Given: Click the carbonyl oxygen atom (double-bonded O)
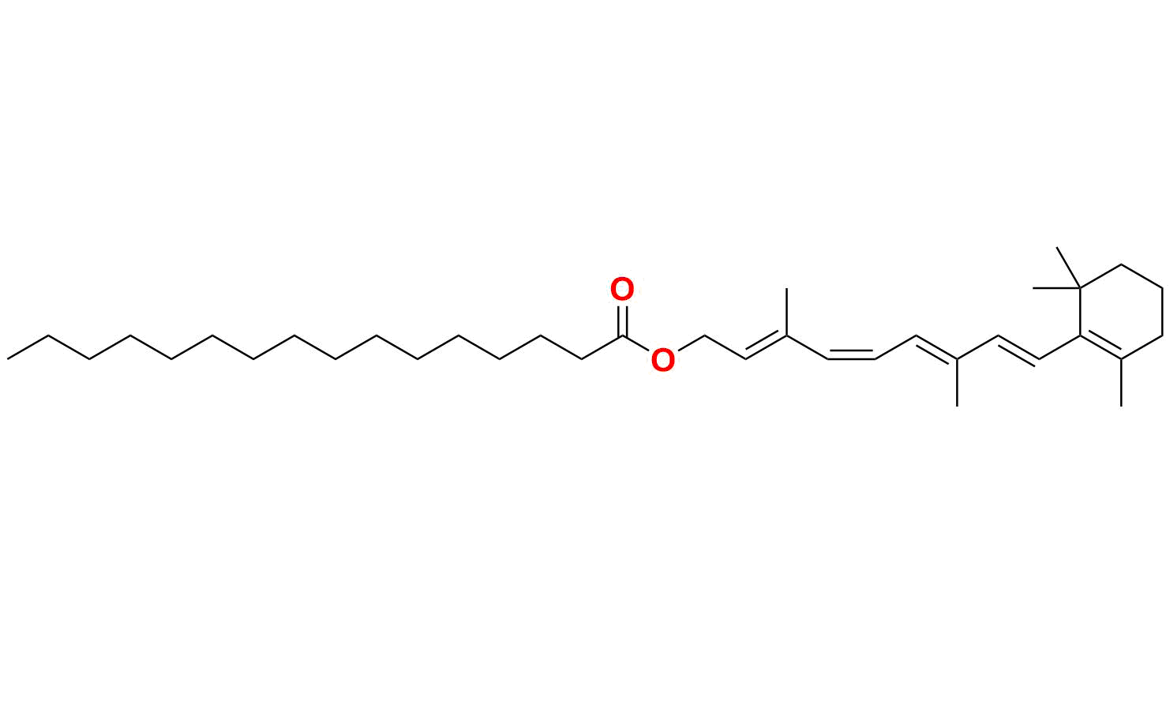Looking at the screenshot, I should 622,290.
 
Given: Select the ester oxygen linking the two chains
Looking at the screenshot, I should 663,360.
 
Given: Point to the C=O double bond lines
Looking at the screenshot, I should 622,320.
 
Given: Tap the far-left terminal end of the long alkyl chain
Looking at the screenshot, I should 9,359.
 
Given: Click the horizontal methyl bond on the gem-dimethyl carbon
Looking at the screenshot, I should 1056,288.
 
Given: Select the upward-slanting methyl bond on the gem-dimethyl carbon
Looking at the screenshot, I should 1068,267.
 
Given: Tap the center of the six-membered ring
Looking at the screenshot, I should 1121,312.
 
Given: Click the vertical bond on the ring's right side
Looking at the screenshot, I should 1162,312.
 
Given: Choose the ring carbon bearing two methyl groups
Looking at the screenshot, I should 1080,288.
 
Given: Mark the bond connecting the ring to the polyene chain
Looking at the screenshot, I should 1059,347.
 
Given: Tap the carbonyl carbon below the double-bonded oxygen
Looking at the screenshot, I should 622,336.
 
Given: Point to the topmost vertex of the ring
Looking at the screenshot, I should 1121,264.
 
